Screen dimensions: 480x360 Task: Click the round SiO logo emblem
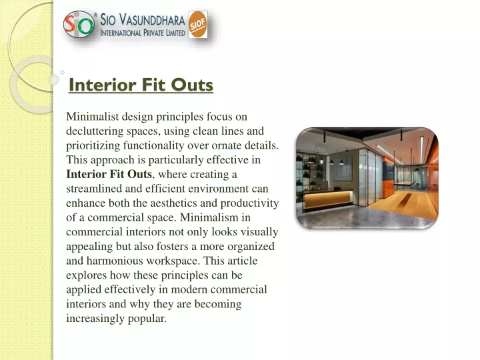click(79, 25)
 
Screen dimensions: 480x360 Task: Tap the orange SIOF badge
click(198, 25)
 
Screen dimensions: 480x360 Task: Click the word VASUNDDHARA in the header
click(152, 20)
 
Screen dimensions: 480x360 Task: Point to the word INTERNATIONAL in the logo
click(121, 33)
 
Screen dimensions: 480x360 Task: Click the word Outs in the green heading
click(192, 85)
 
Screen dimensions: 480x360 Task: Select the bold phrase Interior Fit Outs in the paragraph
click(109, 174)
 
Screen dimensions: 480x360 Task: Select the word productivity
click(249, 203)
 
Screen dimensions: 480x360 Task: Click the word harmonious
click(114, 261)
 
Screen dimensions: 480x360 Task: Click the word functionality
click(153, 146)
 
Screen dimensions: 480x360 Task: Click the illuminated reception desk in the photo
click(327, 199)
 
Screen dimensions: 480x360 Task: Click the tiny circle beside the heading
click(63, 72)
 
